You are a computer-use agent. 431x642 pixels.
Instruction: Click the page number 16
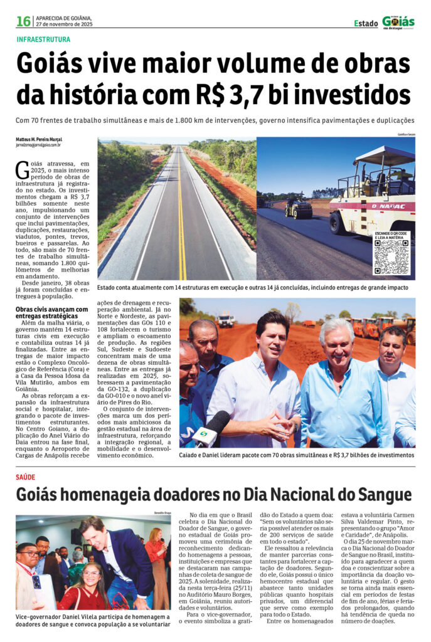click(x=23, y=21)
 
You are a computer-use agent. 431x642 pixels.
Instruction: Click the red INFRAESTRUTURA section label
click(x=43, y=39)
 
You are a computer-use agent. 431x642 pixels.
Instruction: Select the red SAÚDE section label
click(x=26, y=477)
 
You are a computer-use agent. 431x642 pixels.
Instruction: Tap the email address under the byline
click(x=38, y=145)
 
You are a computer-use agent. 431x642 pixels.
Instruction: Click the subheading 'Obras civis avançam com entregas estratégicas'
click(x=51, y=313)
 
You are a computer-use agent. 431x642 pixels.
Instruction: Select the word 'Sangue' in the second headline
click(x=382, y=495)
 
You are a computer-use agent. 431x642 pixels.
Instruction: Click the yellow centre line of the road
click(x=181, y=213)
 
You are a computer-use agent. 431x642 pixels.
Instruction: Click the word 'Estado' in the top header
click(x=366, y=23)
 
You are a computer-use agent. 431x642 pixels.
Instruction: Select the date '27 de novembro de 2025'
click(x=64, y=24)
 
